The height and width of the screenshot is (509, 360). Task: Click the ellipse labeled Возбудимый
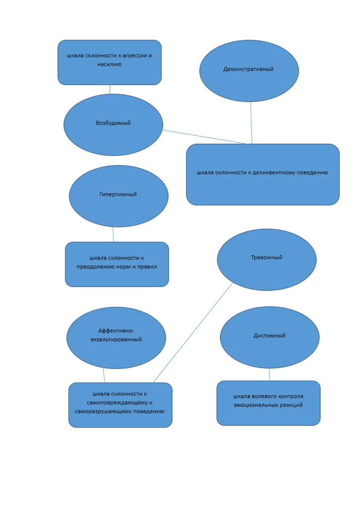pos(113,125)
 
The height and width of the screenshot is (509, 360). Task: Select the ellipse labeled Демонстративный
pos(249,71)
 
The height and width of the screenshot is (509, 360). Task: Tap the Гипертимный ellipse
pos(118,196)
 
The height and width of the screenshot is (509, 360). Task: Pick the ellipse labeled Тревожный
pos(267,260)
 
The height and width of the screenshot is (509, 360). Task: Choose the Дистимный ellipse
pos(270,337)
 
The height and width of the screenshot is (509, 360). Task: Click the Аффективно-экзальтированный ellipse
pos(116,338)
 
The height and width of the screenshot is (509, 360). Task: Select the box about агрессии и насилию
pos(109,63)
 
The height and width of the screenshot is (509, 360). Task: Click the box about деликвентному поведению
pos(263,174)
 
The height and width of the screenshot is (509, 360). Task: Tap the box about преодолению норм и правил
pos(117,264)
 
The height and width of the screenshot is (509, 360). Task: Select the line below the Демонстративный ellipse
pos(251,123)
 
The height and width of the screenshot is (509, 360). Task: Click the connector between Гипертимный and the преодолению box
pos(113,234)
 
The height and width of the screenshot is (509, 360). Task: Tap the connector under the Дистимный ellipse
pos(269,374)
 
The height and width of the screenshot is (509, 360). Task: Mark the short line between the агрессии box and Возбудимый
pos(110,89)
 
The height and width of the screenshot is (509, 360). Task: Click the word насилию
pos(109,64)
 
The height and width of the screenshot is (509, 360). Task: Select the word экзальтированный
pos(116,339)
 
